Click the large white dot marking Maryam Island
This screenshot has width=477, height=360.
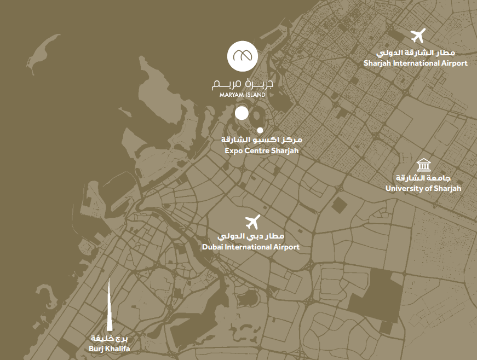242,113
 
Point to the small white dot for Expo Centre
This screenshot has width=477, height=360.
260,130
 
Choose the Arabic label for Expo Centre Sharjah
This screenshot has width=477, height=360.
261,140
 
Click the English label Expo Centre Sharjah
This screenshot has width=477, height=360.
261,150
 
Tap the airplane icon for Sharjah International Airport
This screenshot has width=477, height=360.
418,36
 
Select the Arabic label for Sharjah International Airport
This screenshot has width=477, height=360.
416,53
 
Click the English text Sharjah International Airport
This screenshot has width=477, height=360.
416,63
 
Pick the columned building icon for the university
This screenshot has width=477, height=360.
423,164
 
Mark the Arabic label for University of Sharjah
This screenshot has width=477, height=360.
423,178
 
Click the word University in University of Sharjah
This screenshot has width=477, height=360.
405,189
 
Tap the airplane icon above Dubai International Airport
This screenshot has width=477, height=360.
252,222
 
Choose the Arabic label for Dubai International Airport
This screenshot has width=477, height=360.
251,236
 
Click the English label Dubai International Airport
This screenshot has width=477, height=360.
251,247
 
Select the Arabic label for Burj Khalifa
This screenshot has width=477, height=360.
108,338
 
